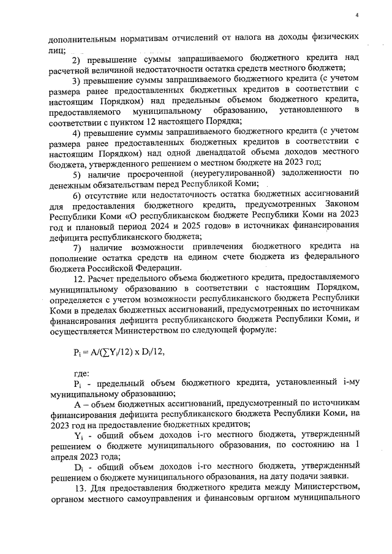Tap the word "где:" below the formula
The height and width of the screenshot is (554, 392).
coord(81,372)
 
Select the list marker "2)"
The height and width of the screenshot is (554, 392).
coord(78,58)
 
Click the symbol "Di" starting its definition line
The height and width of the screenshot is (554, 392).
coord(78,466)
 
